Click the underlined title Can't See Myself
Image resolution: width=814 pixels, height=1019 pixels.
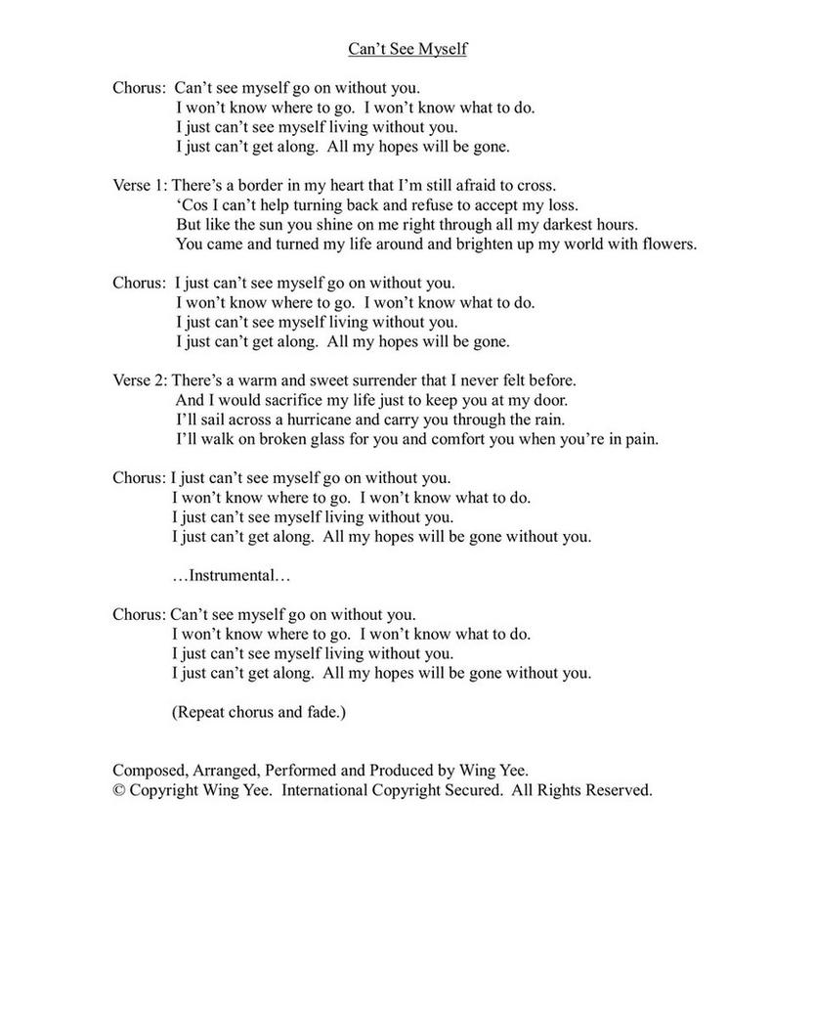(407, 49)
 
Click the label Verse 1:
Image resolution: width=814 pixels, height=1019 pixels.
(140, 185)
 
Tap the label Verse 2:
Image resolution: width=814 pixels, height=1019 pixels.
(140, 380)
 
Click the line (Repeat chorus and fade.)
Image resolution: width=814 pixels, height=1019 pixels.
(259, 712)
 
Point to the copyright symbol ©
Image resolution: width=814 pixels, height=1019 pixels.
(119, 790)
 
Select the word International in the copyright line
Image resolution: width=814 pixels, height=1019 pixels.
(324, 790)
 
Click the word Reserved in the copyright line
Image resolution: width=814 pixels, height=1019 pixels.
(620, 790)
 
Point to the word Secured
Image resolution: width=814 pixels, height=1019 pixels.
(466, 790)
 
